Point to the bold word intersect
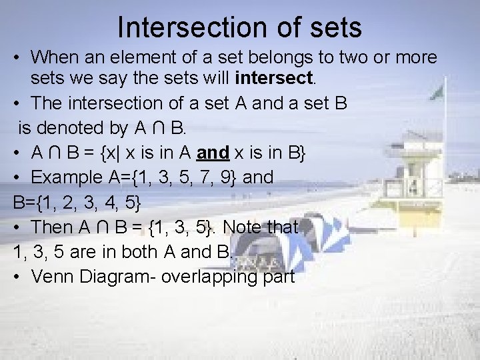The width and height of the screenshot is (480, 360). [x=274, y=79]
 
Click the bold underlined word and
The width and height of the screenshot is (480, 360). [x=213, y=153]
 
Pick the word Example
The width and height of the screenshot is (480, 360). [x=70, y=177]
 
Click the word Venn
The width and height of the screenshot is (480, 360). [x=53, y=276]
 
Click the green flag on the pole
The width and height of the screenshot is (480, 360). [x=437, y=93]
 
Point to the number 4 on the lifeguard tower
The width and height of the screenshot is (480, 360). [x=413, y=186]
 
